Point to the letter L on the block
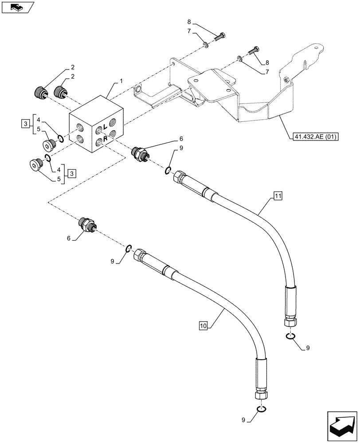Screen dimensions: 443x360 tap(105, 127)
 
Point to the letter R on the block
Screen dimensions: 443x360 tap(105, 139)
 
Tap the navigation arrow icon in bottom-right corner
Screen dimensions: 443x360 tap(342, 425)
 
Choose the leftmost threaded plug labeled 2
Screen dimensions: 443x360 tap(42, 93)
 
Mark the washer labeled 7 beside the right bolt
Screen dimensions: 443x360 tap(240, 58)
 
